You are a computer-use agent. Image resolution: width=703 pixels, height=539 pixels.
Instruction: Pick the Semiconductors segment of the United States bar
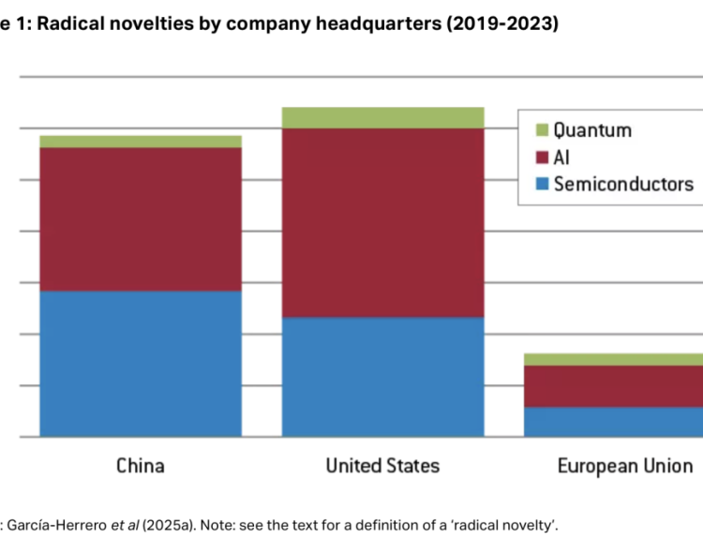coord(382,377)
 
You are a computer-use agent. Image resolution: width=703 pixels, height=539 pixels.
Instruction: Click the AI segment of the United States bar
coord(382,222)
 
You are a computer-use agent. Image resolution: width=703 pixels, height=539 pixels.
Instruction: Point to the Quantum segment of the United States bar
coord(382,117)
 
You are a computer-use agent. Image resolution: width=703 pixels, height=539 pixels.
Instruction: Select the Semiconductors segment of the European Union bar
coord(614,422)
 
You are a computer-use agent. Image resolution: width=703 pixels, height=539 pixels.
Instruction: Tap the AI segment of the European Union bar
coord(614,386)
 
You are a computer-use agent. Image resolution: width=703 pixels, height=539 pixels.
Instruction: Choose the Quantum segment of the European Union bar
coord(614,359)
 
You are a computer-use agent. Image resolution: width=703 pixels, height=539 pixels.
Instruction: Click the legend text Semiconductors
coord(623,184)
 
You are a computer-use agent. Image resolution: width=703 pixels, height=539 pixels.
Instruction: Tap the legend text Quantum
coord(592,130)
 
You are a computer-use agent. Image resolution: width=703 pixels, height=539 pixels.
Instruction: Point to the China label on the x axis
coord(141,466)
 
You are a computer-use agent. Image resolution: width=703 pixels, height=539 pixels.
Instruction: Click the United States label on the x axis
coord(382,466)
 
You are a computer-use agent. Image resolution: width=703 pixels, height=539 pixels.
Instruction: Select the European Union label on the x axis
coord(624,466)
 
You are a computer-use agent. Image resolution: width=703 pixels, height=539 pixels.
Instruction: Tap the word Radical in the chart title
coord(76,25)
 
